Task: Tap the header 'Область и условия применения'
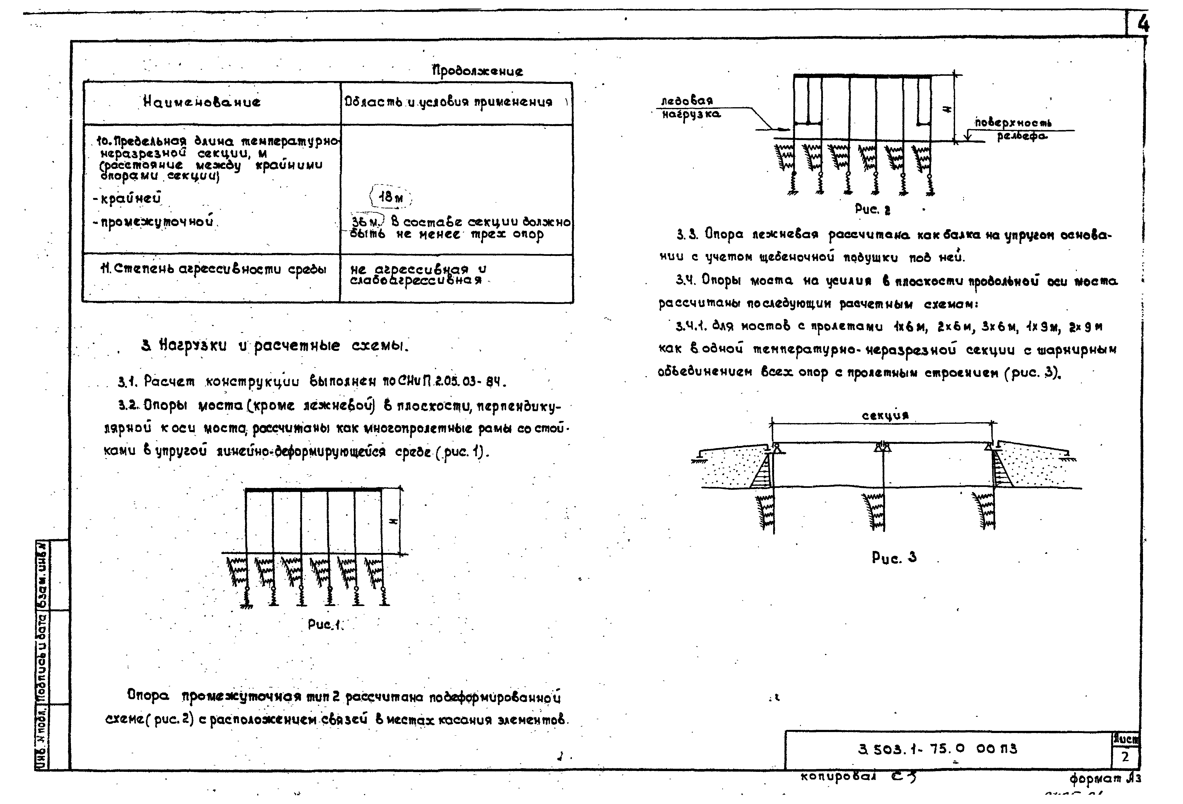(x=448, y=102)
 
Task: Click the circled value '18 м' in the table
(x=390, y=197)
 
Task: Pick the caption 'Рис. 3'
(x=894, y=557)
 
